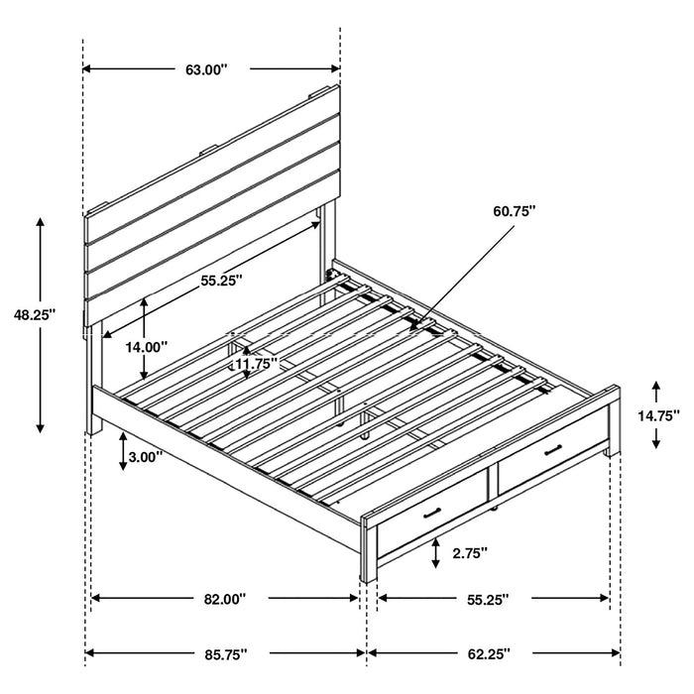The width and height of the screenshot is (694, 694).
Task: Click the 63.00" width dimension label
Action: (x=206, y=69)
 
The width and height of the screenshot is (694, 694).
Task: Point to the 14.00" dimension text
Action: (x=147, y=347)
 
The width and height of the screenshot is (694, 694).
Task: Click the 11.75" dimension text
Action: (x=256, y=364)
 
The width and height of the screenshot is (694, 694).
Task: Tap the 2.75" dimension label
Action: (x=470, y=554)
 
